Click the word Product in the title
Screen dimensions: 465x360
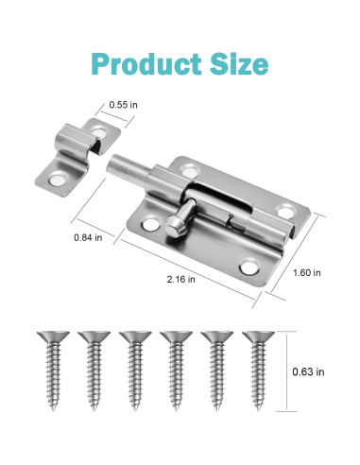coord(143,63)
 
